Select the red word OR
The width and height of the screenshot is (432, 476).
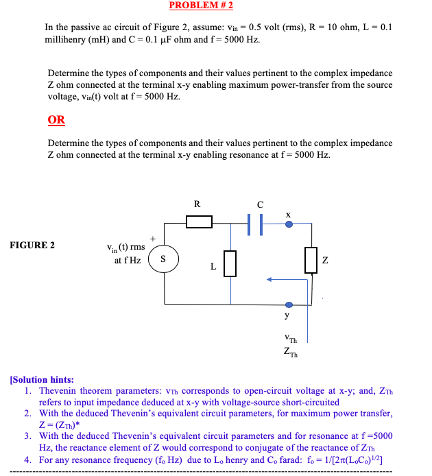click(x=56, y=120)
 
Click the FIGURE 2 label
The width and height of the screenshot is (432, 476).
click(x=33, y=245)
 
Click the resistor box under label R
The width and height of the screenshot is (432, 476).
click(x=199, y=221)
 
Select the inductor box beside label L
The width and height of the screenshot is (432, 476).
click(x=230, y=263)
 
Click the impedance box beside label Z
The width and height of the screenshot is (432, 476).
click(x=311, y=260)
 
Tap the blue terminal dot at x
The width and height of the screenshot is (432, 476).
click(x=289, y=222)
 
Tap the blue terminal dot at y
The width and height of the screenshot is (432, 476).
click(x=289, y=305)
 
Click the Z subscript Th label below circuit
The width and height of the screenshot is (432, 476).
click(x=290, y=353)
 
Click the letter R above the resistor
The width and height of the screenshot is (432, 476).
click(x=197, y=204)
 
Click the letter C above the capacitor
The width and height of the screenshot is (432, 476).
click(x=260, y=204)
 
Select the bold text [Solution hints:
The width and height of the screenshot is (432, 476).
click(x=42, y=379)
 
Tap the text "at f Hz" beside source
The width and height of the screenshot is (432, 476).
click(x=128, y=260)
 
